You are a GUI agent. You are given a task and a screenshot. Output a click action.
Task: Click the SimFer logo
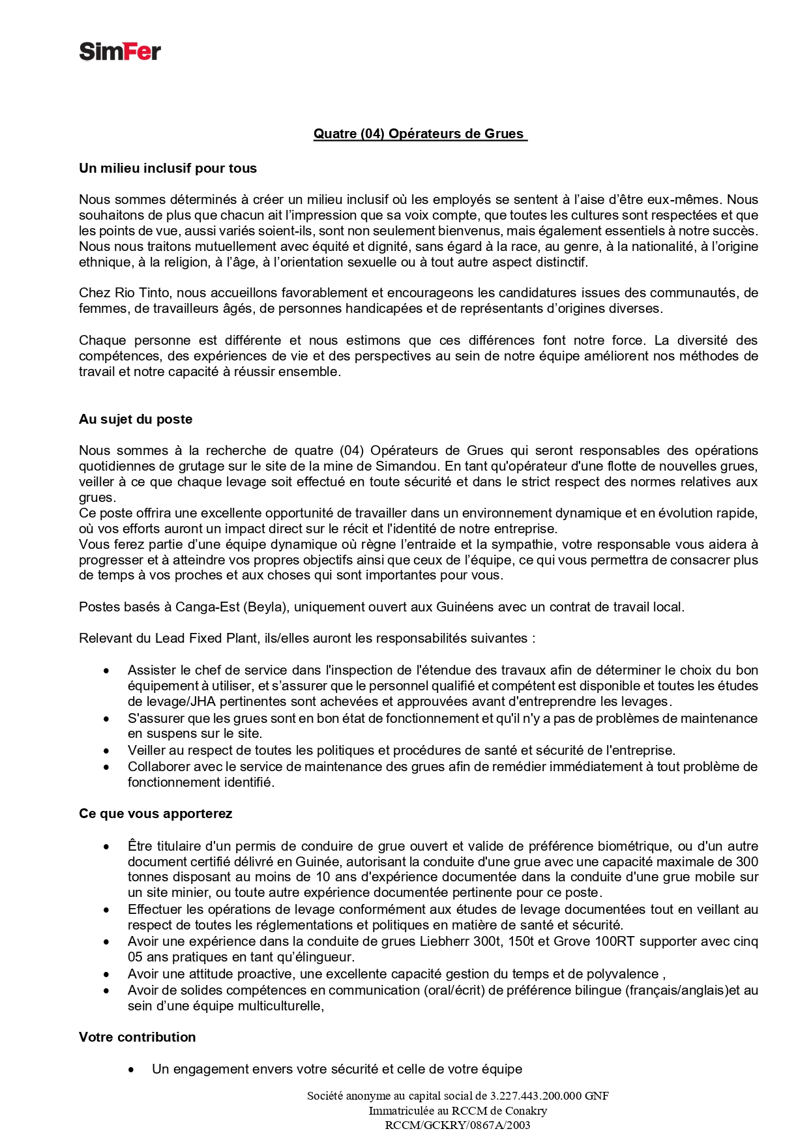(x=120, y=51)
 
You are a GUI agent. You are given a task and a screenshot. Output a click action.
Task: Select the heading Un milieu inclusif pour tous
(x=168, y=168)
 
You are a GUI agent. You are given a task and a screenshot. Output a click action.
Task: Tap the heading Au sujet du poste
(x=136, y=419)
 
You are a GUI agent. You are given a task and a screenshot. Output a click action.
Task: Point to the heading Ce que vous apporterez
(x=155, y=814)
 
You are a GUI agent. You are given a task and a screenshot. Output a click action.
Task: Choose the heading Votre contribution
(x=137, y=1037)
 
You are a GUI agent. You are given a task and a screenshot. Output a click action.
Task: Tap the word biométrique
(x=630, y=846)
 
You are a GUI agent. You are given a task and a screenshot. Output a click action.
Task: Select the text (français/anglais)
(x=677, y=990)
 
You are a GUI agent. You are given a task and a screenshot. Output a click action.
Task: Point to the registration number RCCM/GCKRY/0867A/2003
(x=458, y=1125)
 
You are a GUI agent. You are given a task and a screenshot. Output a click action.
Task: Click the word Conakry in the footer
(x=523, y=1111)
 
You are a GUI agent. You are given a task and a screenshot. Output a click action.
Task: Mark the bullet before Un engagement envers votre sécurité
(x=132, y=1070)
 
